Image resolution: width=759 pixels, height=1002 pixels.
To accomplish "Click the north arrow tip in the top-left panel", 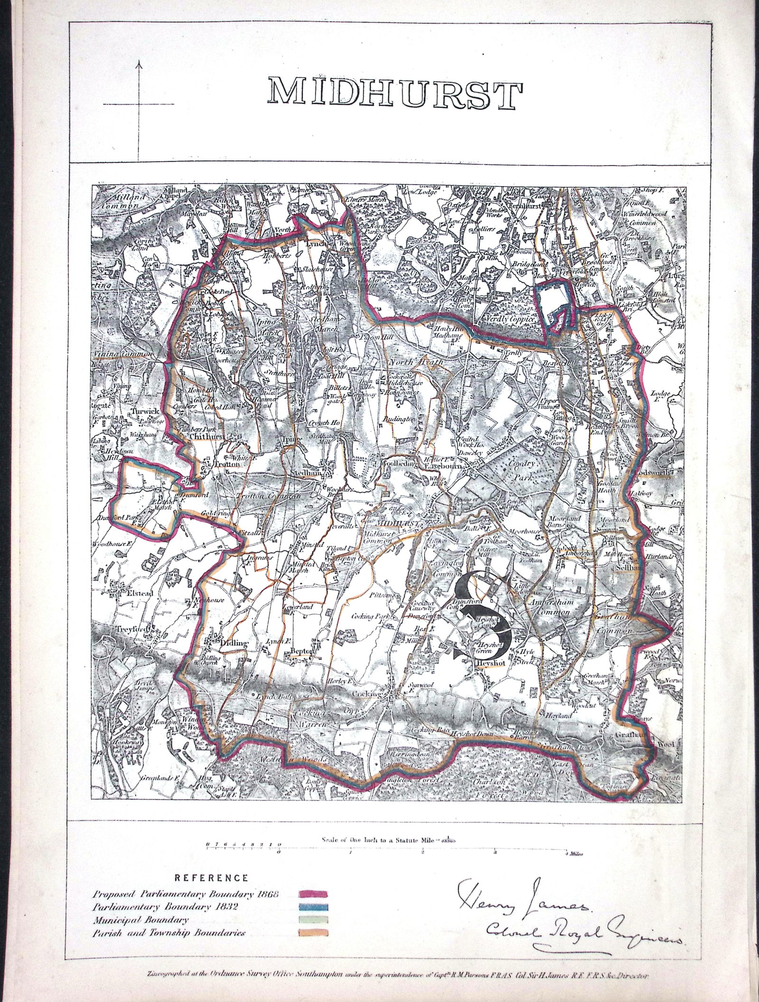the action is pyautogui.click(x=139, y=61).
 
